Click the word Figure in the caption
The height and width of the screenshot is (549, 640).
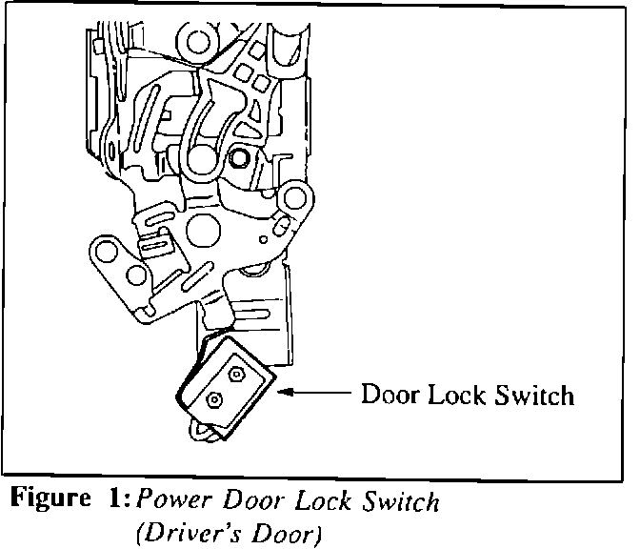tap(45, 499)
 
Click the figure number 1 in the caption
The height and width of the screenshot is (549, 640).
tap(104, 499)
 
